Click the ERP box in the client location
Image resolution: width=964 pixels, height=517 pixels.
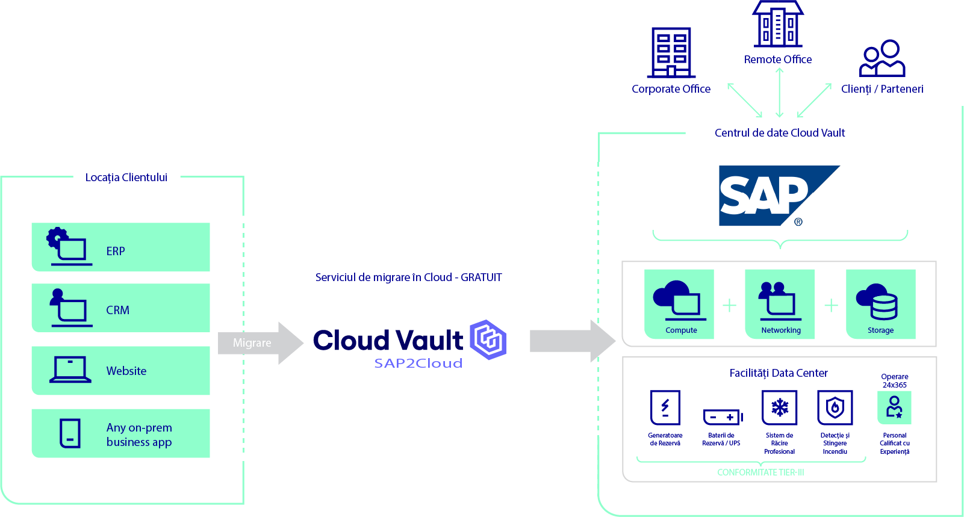pyautogui.click(x=120, y=247)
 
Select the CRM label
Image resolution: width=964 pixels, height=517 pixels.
pyautogui.click(x=117, y=311)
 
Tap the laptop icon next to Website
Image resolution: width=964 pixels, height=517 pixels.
pyautogui.click(x=70, y=370)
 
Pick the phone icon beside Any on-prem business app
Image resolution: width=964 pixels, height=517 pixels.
pyautogui.click(x=70, y=433)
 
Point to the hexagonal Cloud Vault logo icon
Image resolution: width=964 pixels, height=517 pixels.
pyautogui.click(x=488, y=339)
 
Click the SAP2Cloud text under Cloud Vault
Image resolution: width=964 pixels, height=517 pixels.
pyautogui.click(x=418, y=364)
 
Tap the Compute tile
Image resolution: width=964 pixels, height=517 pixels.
pyautogui.click(x=679, y=304)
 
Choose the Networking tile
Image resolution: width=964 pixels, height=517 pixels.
pyautogui.click(x=780, y=304)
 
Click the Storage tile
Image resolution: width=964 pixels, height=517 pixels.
pyautogui.click(x=880, y=304)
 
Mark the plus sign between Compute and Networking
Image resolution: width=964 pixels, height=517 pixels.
pyautogui.click(x=729, y=306)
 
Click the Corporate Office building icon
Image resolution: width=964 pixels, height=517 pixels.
pyautogui.click(x=671, y=53)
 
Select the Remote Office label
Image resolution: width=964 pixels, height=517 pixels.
pyautogui.click(x=778, y=60)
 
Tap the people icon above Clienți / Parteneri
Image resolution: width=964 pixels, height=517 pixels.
pyautogui.click(x=882, y=58)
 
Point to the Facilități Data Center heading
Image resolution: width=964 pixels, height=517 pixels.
pyautogui.click(x=779, y=373)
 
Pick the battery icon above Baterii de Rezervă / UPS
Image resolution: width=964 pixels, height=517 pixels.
pyautogui.click(x=723, y=416)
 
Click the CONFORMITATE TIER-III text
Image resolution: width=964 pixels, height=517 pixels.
pyautogui.click(x=760, y=472)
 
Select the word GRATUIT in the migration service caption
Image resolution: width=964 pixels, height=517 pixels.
pyautogui.click(x=481, y=277)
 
